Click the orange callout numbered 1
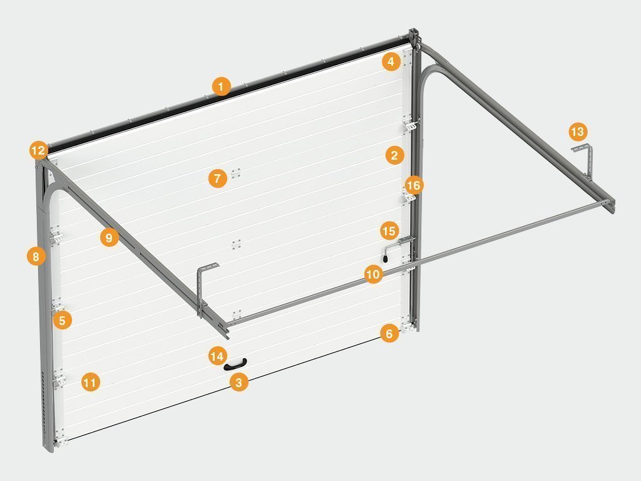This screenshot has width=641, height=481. (x=221, y=86)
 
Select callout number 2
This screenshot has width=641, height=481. (x=394, y=155)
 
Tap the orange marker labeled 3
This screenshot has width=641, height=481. (x=238, y=382)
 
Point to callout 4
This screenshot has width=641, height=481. (x=391, y=61)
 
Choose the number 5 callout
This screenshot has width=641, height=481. (x=62, y=320)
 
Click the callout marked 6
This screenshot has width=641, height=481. (x=389, y=333)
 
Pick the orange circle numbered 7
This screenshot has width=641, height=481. (x=217, y=178)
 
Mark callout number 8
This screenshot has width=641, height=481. (x=36, y=256)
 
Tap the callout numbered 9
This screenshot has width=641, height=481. (x=109, y=237)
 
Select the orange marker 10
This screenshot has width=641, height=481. (x=373, y=274)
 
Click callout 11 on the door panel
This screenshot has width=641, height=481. (x=90, y=382)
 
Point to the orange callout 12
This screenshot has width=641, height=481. (x=38, y=150)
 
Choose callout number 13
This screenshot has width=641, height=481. (x=578, y=132)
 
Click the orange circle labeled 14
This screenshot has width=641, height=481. (x=217, y=356)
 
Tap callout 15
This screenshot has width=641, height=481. (x=389, y=230)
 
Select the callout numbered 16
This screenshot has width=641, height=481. (x=414, y=185)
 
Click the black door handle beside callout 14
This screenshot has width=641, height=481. (x=235, y=364)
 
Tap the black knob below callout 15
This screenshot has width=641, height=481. (x=386, y=259)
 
